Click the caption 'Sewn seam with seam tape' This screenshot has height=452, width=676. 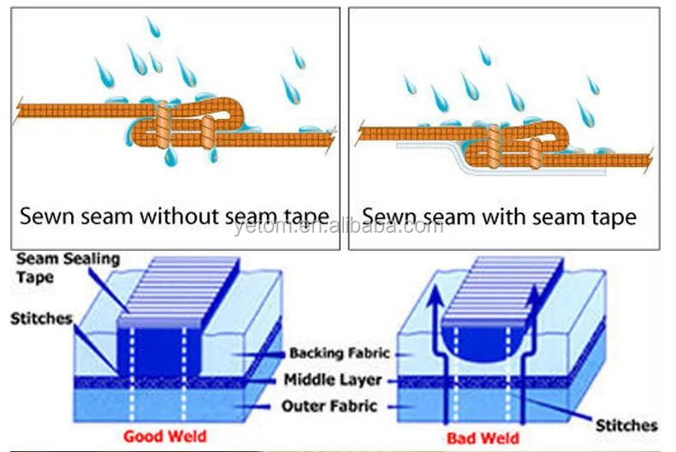pos(499,216)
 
